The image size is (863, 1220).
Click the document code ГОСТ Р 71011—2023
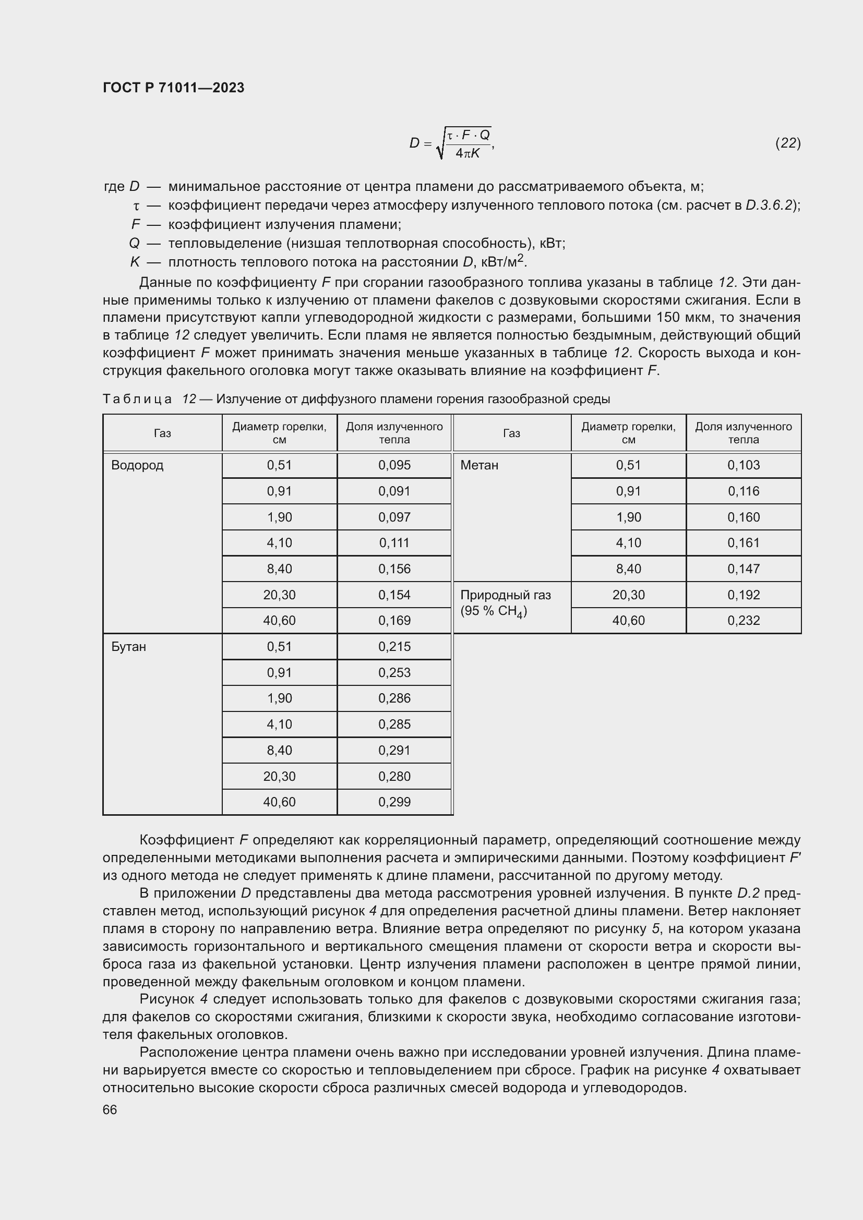tap(173, 88)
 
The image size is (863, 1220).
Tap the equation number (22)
tap(787, 142)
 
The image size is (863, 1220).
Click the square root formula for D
tap(452, 143)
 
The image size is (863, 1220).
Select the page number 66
tap(110, 1109)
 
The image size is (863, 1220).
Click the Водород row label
tap(137, 465)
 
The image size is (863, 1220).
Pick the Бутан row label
tap(128, 647)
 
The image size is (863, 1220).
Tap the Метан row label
tap(479, 465)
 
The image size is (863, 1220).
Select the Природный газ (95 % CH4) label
tap(505, 602)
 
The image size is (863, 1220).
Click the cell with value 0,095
tap(394, 465)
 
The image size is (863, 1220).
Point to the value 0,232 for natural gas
tap(743, 620)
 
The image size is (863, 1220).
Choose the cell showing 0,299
tap(394, 802)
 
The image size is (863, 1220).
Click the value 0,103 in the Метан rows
tap(743, 465)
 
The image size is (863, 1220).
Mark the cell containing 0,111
tap(394, 542)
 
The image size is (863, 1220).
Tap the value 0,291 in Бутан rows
tap(394, 750)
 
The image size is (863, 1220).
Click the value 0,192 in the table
tap(743, 595)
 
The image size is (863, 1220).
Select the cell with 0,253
tap(394, 672)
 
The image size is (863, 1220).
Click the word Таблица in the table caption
tap(137, 399)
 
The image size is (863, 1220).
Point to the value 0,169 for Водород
tap(394, 620)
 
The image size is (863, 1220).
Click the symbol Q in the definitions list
tap(134, 244)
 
